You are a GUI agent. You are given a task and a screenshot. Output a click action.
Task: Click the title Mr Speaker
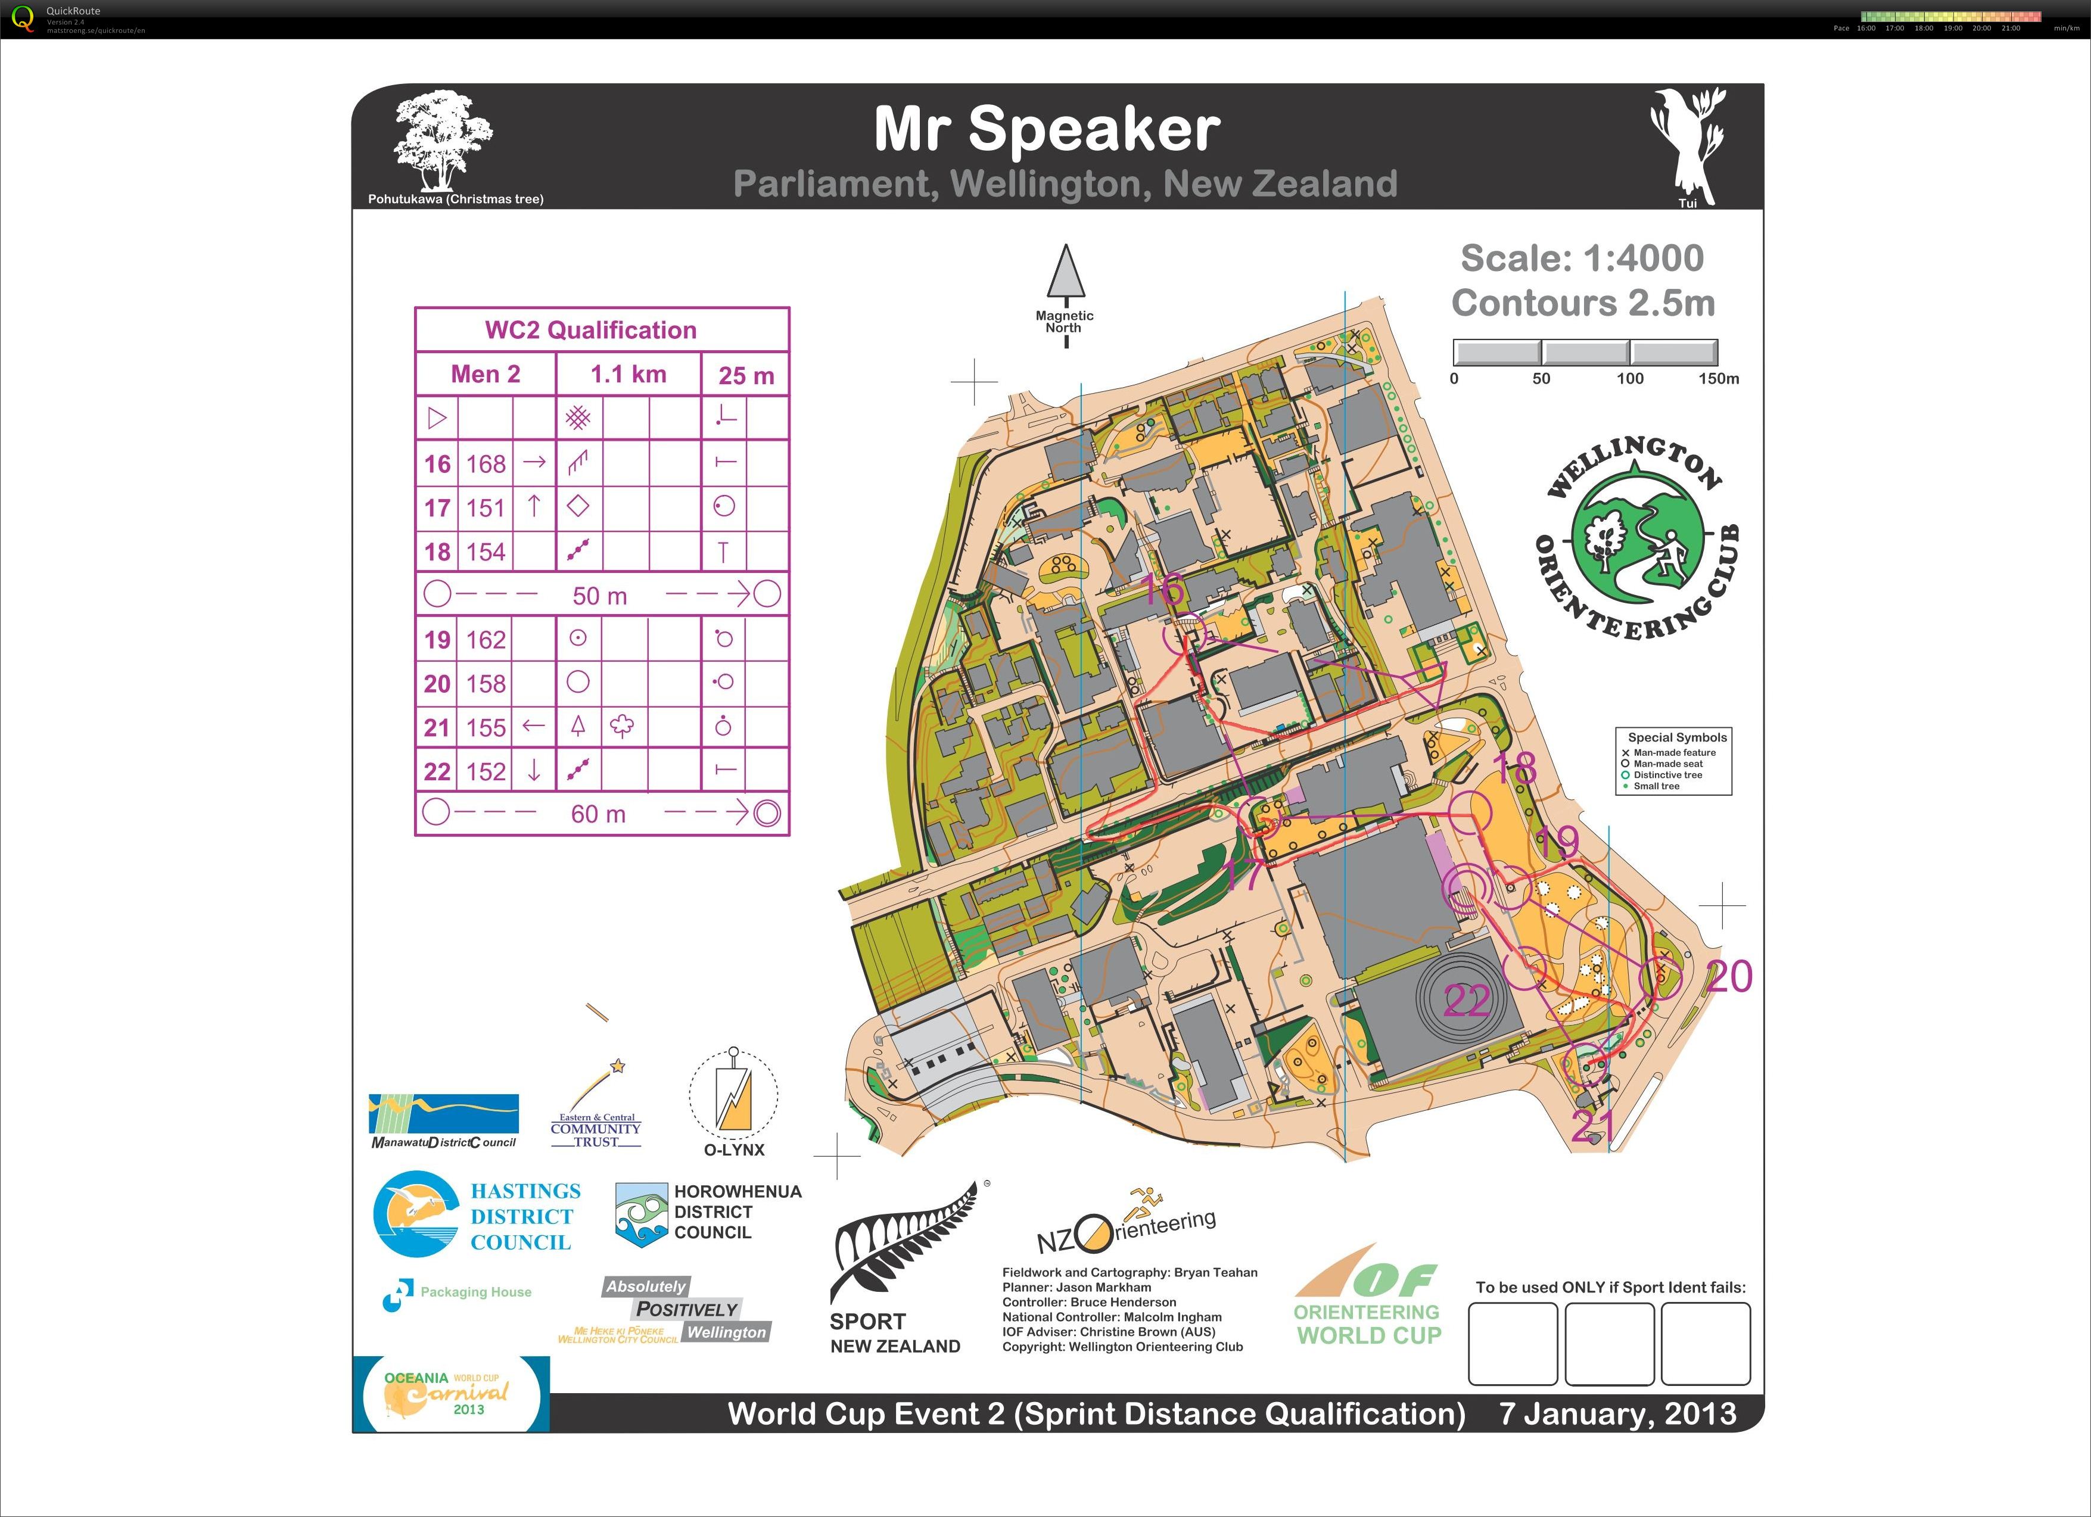coord(1047,129)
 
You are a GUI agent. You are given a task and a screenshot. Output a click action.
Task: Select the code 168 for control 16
coord(486,463)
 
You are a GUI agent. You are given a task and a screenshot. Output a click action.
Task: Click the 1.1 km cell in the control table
coord(628,374)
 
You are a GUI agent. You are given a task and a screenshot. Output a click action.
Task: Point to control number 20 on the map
coord(1729,977)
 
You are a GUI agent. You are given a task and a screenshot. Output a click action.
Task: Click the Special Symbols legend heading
coord(1676,737)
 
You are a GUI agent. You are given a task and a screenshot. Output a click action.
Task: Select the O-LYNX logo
coord(734,1101)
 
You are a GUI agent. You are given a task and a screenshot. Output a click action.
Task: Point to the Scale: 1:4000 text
coord(1582,258)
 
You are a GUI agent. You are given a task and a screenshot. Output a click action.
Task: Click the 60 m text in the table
coord(598,814)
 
